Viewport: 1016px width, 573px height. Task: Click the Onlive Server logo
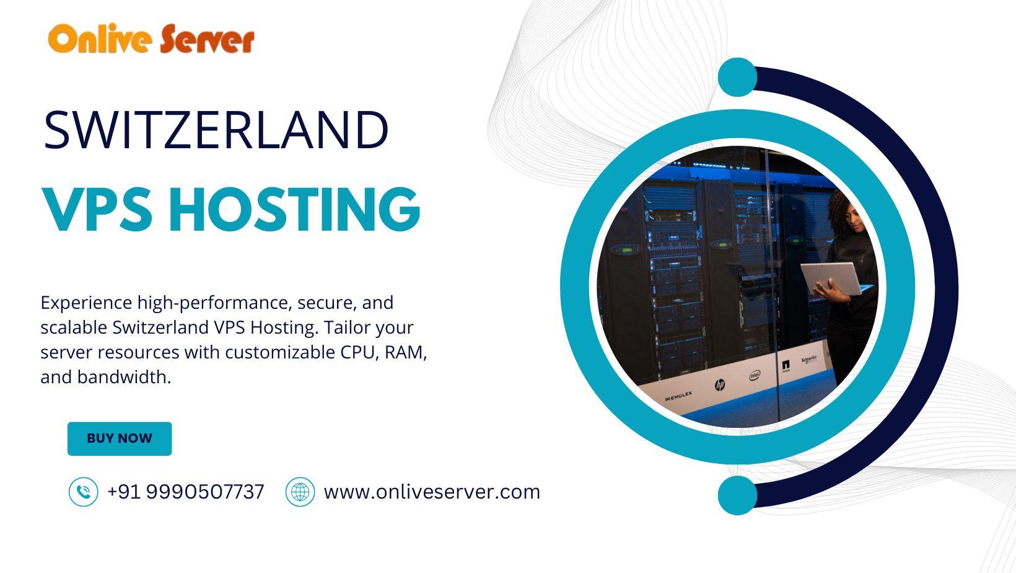pos(151,39)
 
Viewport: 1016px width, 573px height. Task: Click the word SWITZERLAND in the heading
pos(216,130)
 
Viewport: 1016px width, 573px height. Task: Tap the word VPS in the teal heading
pos(97,210)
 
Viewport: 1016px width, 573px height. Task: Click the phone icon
pos(84,492)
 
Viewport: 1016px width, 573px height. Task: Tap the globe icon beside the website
pos(300,492)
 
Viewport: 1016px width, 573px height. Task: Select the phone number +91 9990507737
pos(185,492)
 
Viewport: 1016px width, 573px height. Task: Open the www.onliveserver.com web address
pos(432,492)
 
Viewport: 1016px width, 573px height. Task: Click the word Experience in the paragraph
pos(85,303)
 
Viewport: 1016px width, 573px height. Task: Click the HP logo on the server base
pos(719,385)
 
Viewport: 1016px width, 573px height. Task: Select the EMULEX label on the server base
pos(678,396)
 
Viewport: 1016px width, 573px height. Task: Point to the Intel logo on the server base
pos(755,376)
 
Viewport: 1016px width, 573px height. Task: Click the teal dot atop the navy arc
pos(737,77)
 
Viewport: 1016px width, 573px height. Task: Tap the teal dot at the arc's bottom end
pos(737,495)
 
